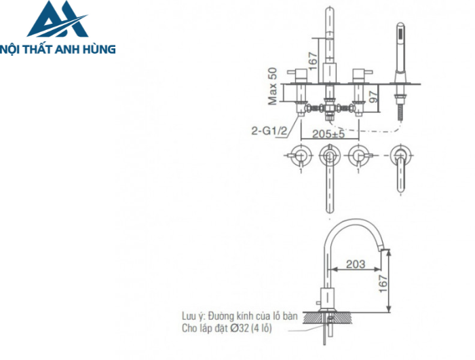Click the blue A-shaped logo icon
point(57,20)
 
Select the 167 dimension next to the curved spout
point(384,281)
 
